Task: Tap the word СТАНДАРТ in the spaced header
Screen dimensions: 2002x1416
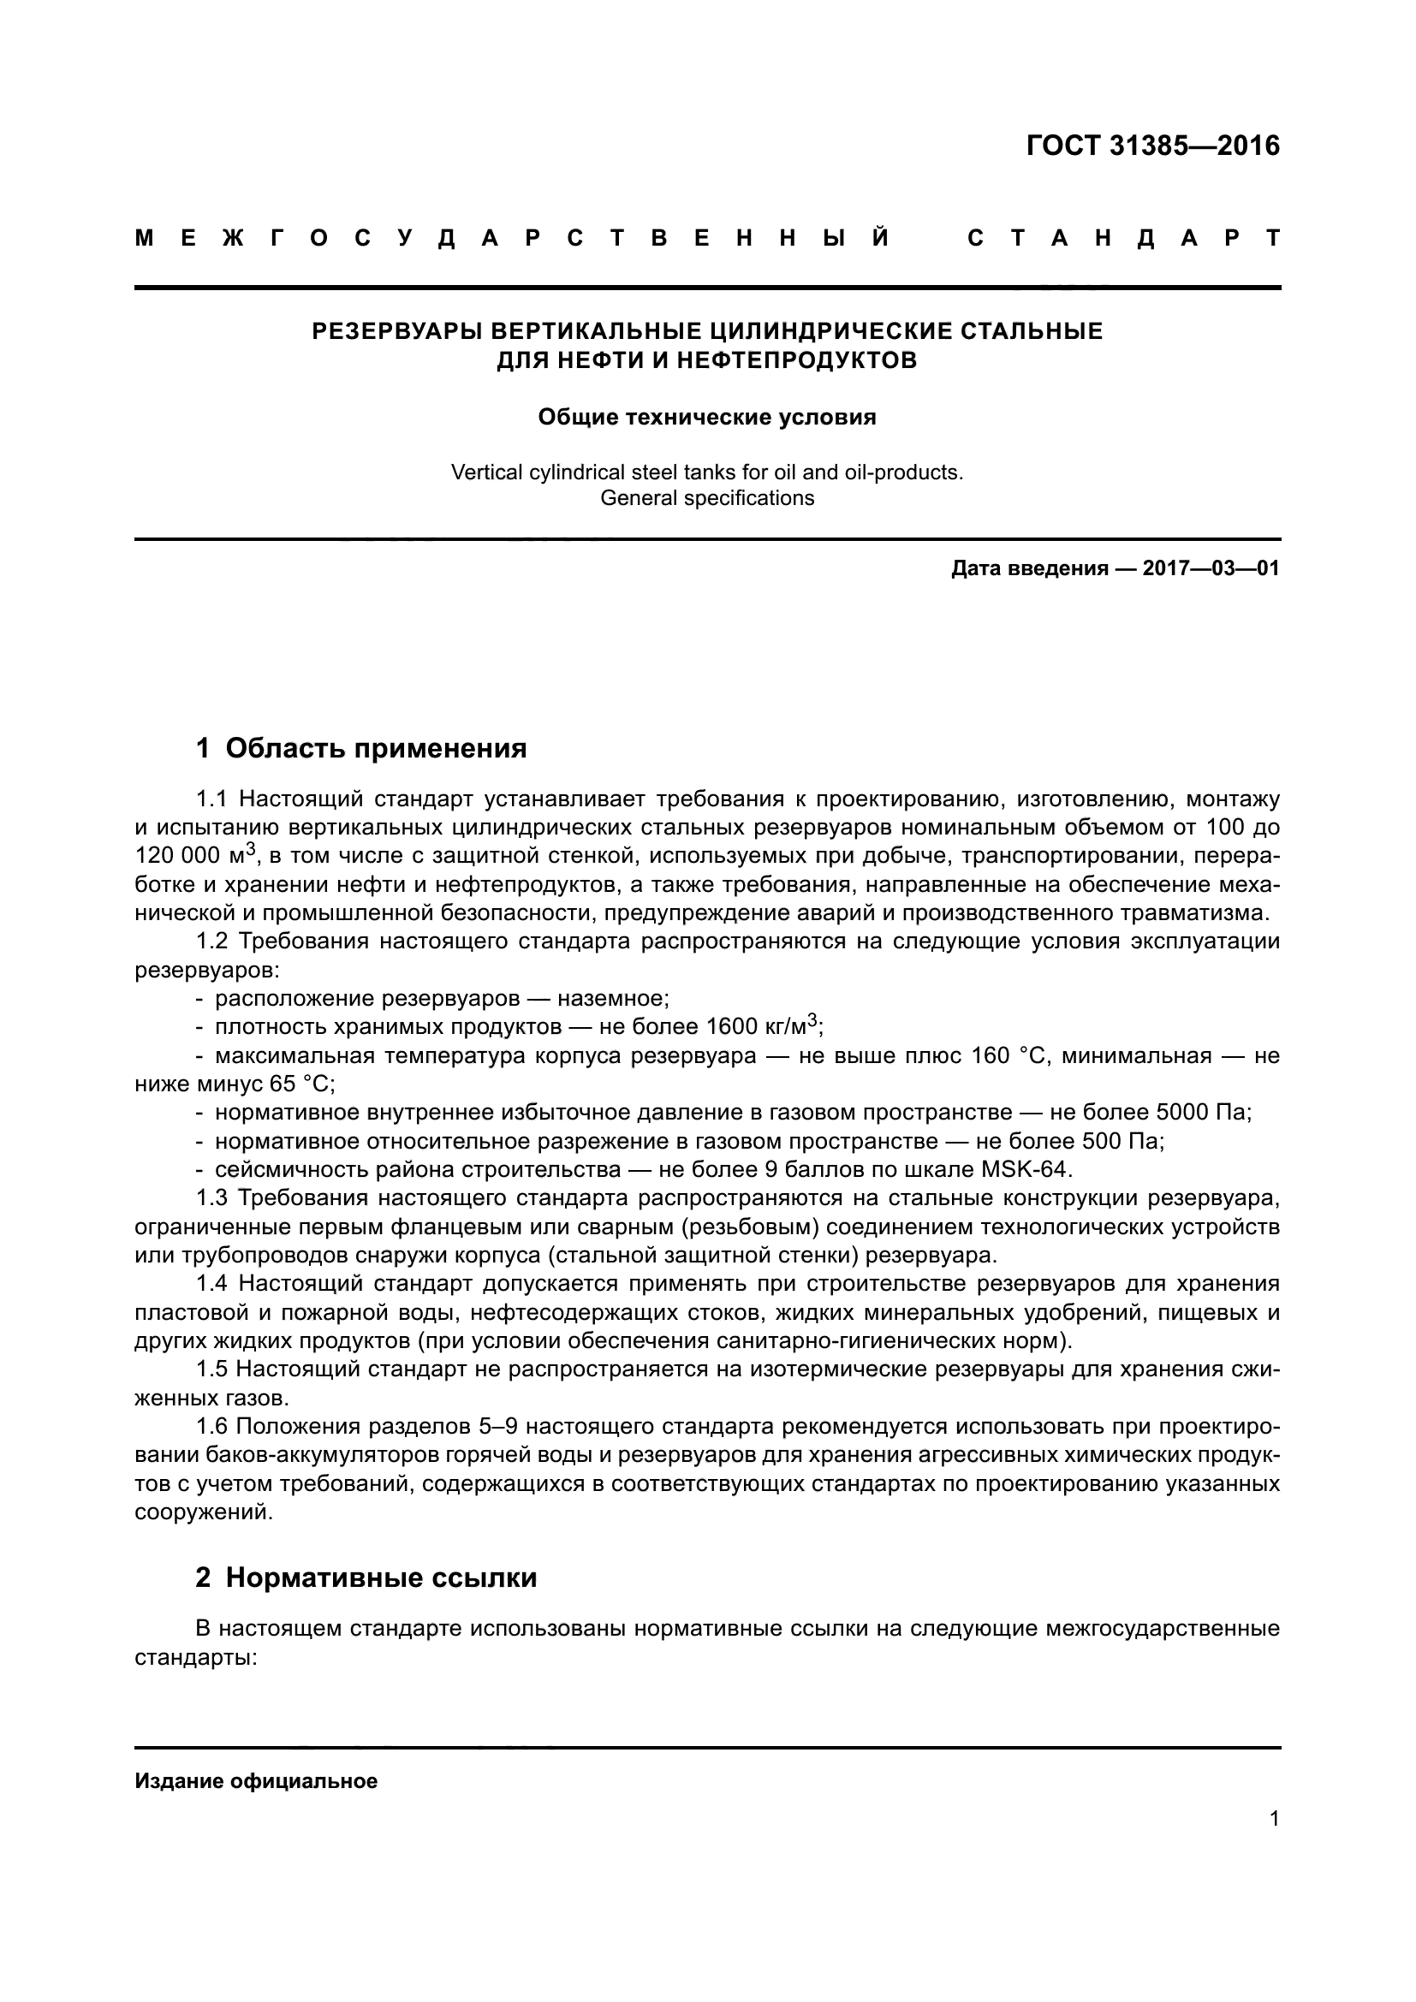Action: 1124,238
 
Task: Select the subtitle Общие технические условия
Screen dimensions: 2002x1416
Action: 707,417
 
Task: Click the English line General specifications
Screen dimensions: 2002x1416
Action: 707,499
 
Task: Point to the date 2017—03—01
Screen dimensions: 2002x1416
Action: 1211,569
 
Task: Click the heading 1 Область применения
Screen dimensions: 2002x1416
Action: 361,748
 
